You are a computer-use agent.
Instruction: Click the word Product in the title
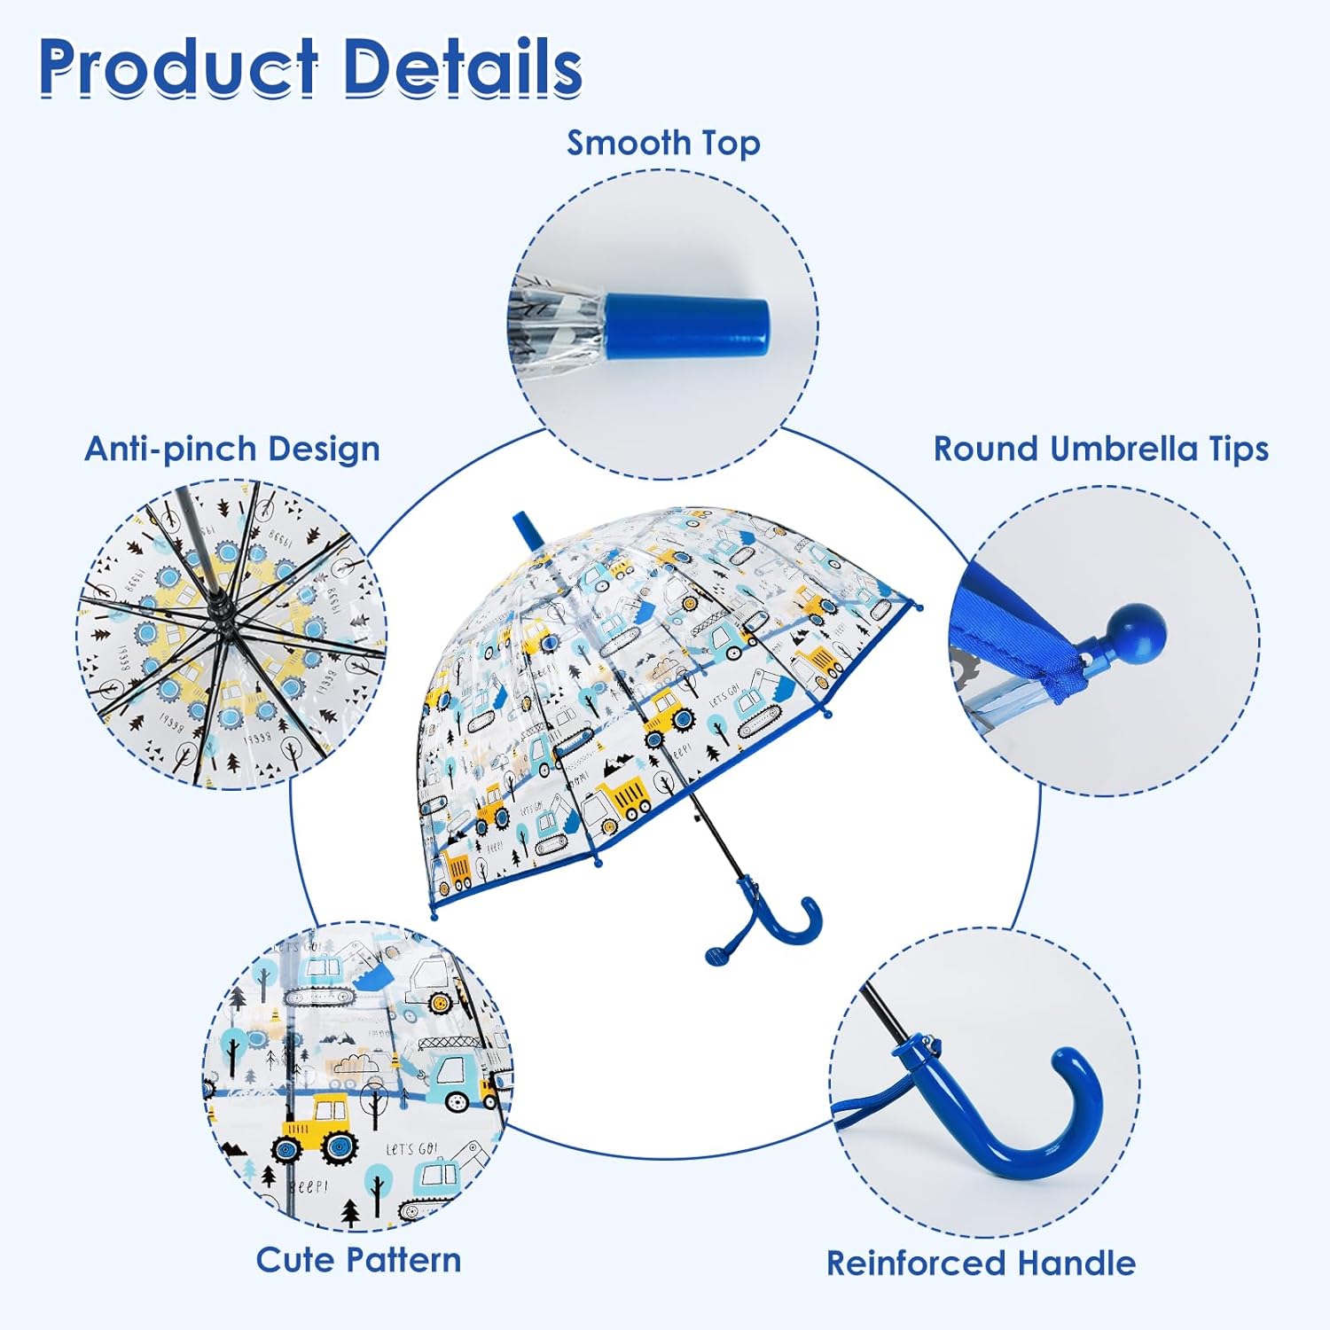[x=178, y=67]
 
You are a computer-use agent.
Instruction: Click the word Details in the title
[x=462, y=67]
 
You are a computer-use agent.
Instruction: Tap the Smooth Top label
[x=663, y=143]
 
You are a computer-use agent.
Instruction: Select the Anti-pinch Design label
[x=232, y=449]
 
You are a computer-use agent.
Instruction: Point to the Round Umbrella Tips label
[x=1101, y=449]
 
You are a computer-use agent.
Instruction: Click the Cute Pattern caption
[x=358, y=1260]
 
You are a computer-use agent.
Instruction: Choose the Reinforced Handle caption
[x=981, y=1263]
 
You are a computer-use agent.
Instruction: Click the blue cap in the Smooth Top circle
[x=687, y=323]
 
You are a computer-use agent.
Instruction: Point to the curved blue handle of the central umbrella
[x=780, y=931]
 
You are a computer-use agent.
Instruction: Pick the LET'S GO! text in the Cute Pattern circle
[x=411, y=1149]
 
